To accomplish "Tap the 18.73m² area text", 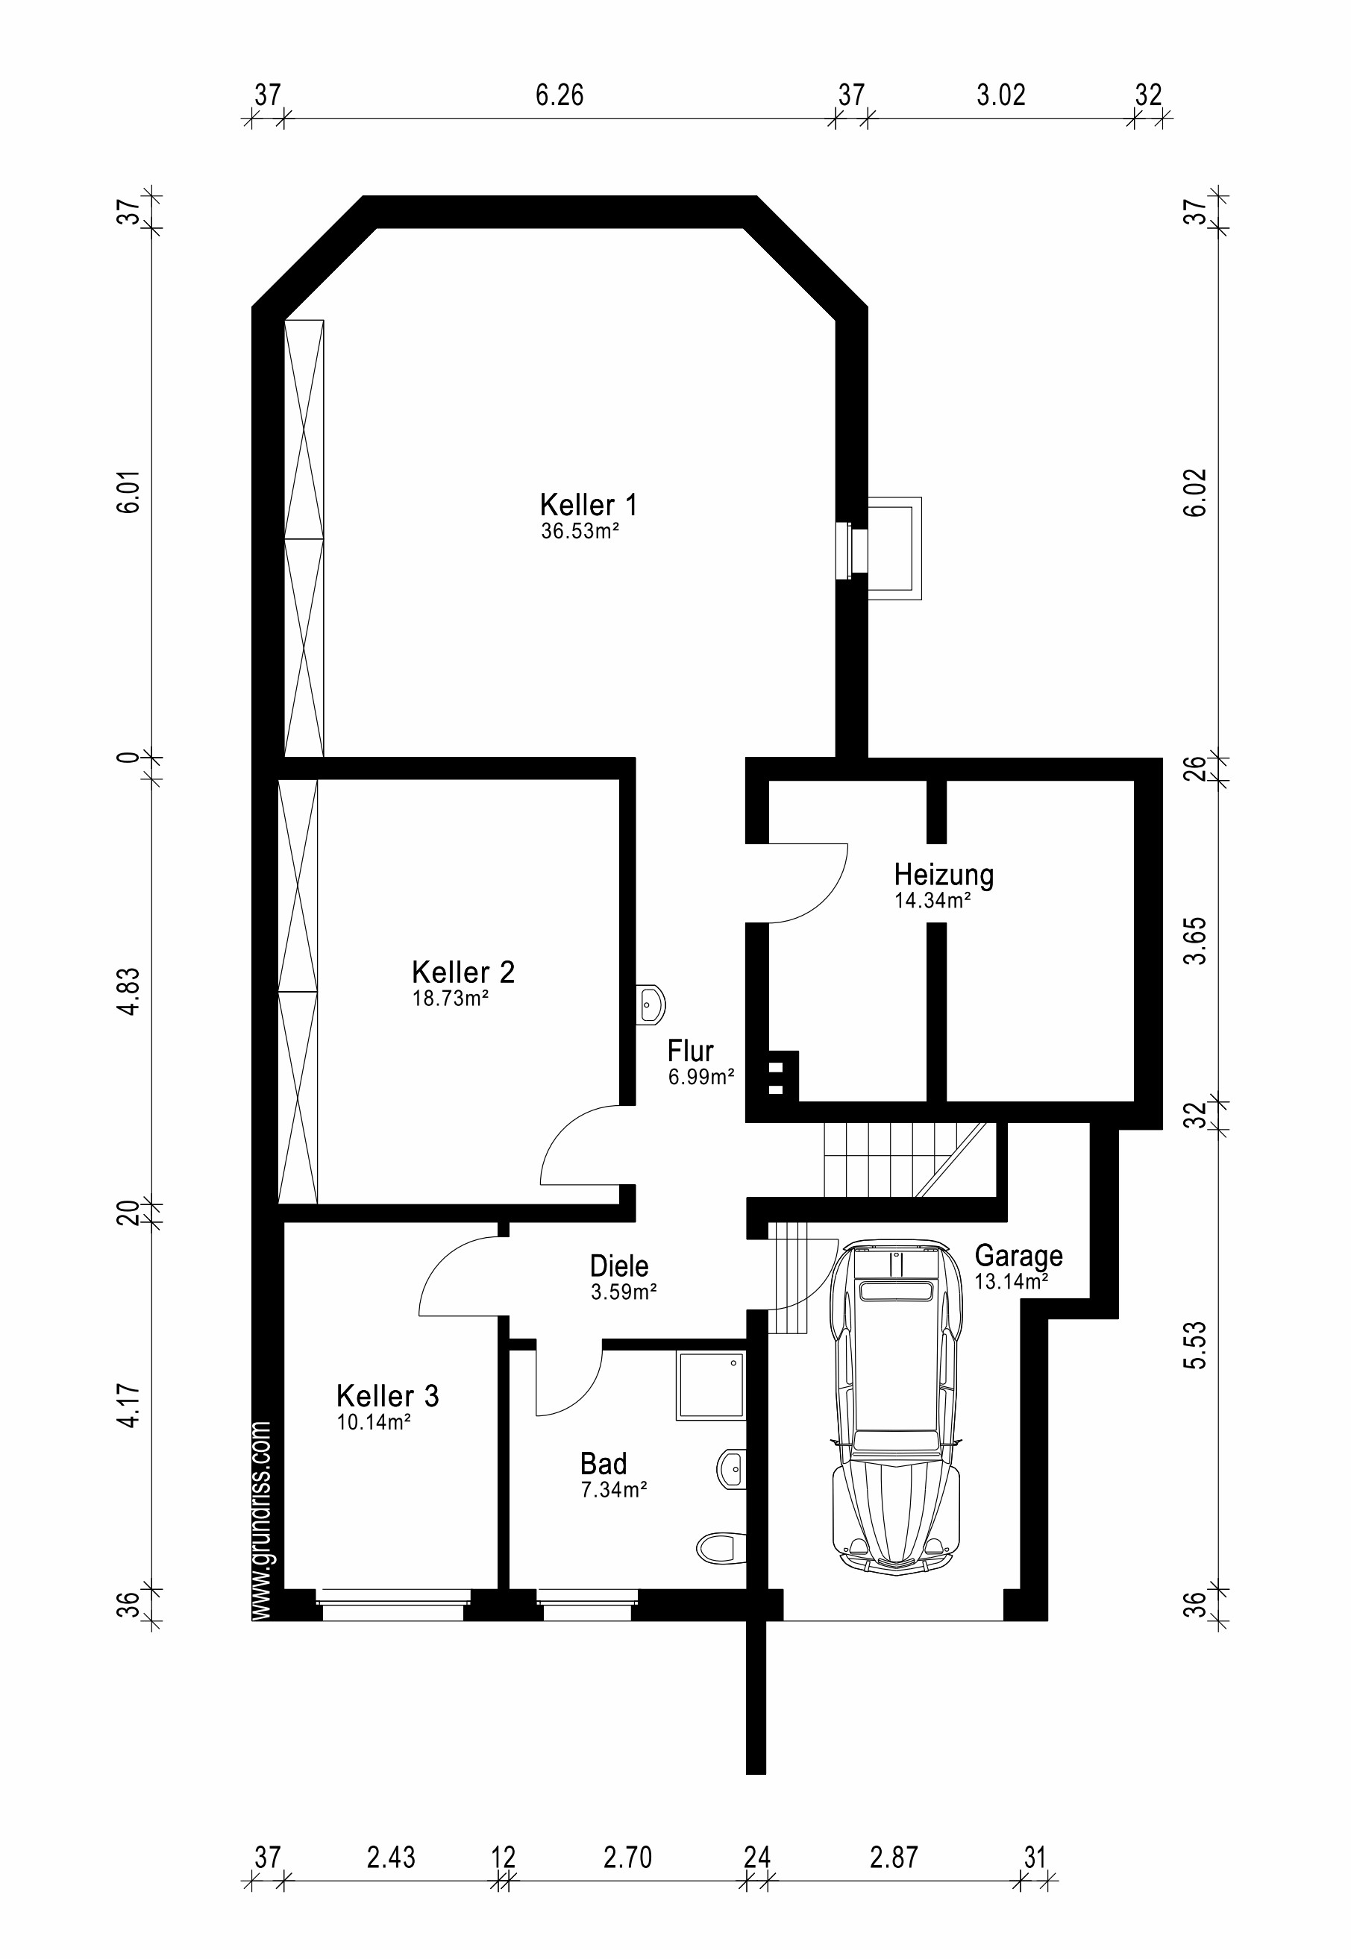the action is pos(451,999).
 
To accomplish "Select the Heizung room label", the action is pos(944,875).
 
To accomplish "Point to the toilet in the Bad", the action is pos(721,1548).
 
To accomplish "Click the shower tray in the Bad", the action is pos(711,1386).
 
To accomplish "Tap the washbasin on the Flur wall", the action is pos(651,1006).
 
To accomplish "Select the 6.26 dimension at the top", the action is pos(559,95).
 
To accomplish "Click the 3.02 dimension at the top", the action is pos(1001,95).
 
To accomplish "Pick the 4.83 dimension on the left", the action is pos(128,992).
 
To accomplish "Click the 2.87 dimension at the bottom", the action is pos(894,1858).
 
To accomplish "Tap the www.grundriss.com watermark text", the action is pos(262,1521).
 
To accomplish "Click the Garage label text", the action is pos(1018,1256).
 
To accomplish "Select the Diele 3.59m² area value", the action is pos(624,1292).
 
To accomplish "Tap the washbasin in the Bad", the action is pos(731,1469).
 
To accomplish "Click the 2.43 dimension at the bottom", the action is pos(391,1858).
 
